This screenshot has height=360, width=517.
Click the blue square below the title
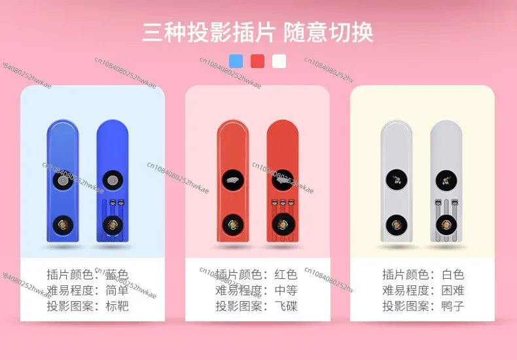point(236,62)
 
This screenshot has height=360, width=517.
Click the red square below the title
point(258,62)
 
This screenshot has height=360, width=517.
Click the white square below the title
point(279,62)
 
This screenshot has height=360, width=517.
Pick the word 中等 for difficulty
point(285,291)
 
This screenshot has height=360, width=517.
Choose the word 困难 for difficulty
point(452,291)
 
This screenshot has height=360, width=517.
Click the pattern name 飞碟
point(285,306)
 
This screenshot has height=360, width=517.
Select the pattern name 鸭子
point(452,306)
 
